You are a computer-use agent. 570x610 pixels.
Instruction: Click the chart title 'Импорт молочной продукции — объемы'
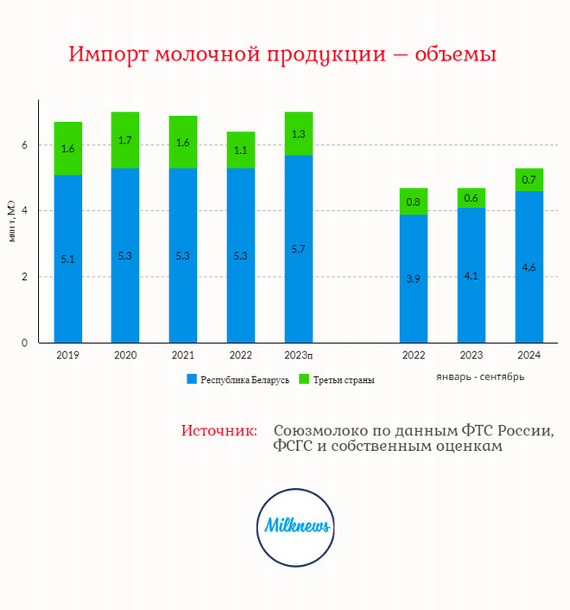tap(282, 54)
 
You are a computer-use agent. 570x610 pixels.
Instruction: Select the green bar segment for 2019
tap(68, 149)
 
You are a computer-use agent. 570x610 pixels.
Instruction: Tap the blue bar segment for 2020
tap(125, 255)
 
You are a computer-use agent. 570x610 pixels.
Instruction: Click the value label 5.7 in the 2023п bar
tap(298, 249)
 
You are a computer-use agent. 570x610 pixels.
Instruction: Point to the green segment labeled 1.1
tap(241, 150)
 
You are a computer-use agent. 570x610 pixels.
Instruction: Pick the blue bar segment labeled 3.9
tap(414, 278)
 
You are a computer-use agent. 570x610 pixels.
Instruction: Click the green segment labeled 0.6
tap(472, 198)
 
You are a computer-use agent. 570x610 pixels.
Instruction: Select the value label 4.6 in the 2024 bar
tap(529, 267)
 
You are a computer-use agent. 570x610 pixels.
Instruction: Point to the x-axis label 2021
tap(182, 354)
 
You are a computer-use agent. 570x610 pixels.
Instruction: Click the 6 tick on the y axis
tap(25, 145)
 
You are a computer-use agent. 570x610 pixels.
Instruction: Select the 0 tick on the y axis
tap(25, 343)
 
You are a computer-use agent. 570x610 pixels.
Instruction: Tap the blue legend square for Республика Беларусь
tap(191, 379)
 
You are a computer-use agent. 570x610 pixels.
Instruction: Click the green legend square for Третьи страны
tap(303, 379)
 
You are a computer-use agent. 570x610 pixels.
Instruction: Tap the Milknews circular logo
tap(296, 525)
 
